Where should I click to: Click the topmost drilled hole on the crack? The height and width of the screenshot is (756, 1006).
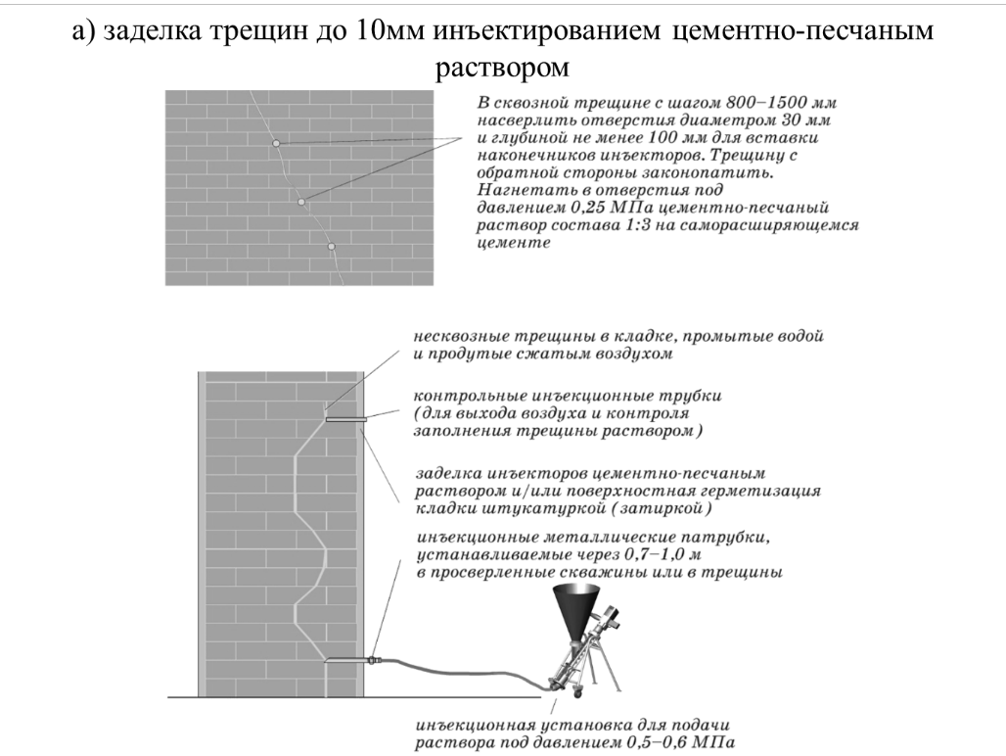275,142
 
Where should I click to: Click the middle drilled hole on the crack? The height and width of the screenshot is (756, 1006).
300,202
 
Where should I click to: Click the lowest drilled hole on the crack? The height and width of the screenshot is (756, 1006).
331,247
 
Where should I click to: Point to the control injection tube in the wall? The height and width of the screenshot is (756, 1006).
345,420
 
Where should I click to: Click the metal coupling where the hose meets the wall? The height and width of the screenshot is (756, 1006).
372,659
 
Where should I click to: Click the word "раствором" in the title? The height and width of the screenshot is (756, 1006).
502,67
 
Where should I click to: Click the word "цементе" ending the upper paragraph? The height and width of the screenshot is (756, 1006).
514,243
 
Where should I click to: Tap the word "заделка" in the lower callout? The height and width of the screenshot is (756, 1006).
448,474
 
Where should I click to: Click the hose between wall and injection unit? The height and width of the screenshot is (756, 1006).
462,673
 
